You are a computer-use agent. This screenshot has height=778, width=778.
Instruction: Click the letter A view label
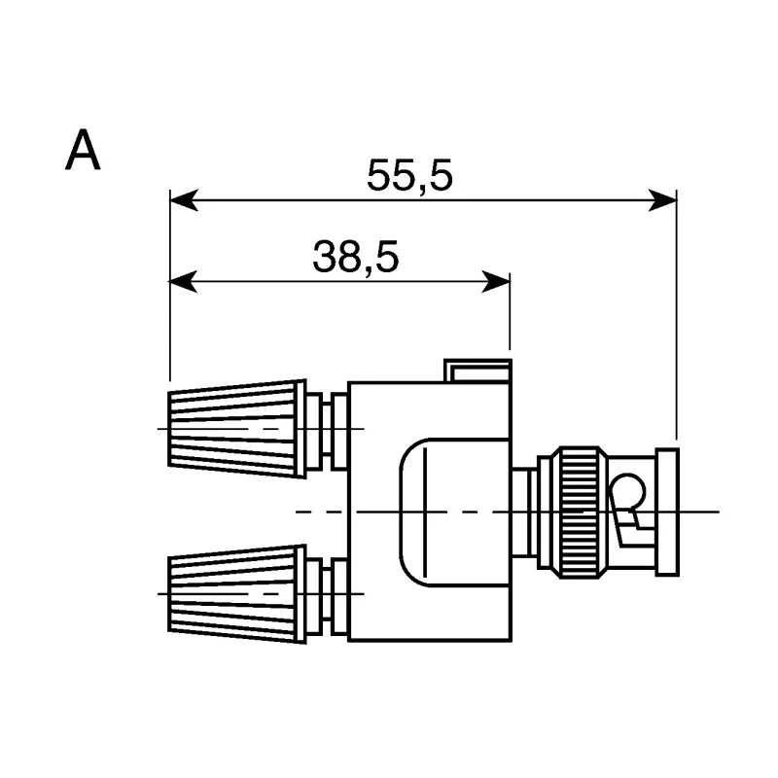[x=83, y=151]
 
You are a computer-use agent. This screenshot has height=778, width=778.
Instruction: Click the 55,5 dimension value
[x=409, y=176]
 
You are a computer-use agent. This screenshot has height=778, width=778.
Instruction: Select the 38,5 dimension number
[x=356, y=257]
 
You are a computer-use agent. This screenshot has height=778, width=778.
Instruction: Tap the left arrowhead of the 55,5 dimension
[x=184, y=200]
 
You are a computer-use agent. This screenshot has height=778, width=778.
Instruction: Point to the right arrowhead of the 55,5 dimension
[x=662, y=200]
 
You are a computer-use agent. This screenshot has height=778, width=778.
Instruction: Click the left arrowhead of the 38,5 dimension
[x=184, y=282]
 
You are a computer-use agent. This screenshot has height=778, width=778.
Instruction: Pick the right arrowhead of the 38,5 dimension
[x=496, y=282]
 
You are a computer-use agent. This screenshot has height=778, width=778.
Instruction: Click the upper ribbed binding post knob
[x=237, y=429]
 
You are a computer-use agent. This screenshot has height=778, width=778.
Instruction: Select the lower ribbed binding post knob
[x=237, y=594]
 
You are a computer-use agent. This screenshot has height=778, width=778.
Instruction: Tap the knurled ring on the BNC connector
[x=580, y=513]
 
